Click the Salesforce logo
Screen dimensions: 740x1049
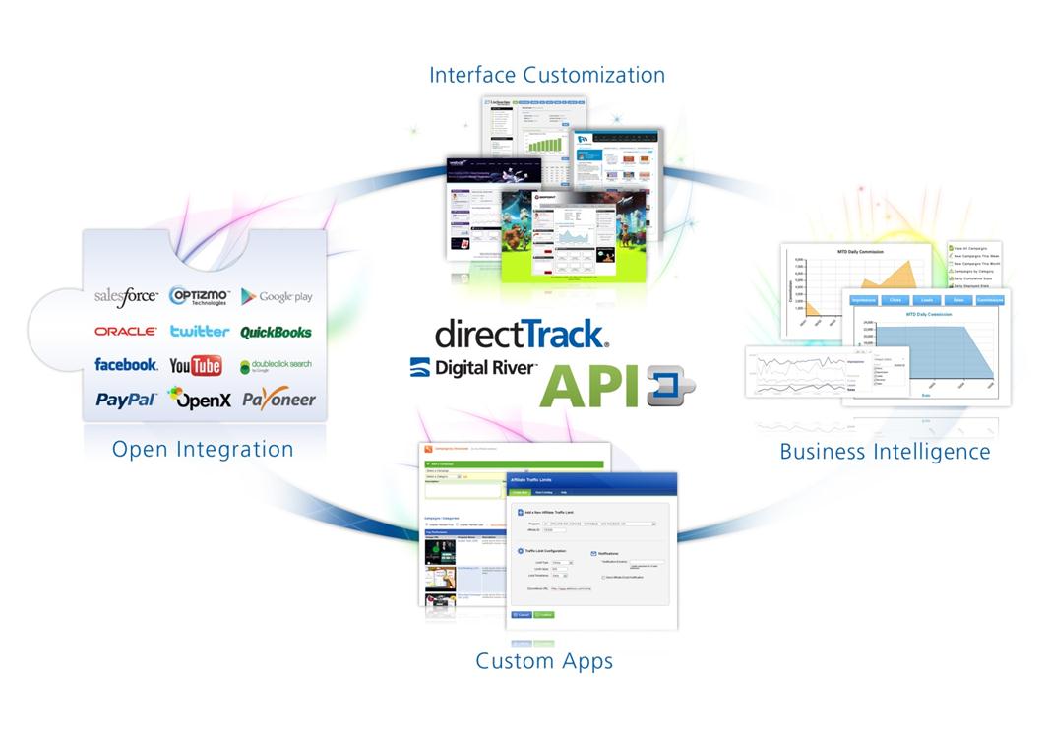tap(126, 295)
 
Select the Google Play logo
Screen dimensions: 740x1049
tap(277, 296)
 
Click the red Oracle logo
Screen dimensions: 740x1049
tap(125, 332)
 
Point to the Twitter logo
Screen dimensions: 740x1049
tap(199, 332)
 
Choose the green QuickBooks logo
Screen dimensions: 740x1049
tap(276, 332)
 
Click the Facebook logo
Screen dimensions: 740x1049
tap(126, 365)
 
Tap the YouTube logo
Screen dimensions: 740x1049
tap(195, 366)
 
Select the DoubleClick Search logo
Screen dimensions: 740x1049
tap(276, 366)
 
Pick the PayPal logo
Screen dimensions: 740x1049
tap(126, 400)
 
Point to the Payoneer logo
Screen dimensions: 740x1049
tap(278, 399)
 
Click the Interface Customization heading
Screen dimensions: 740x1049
tap(546, 75)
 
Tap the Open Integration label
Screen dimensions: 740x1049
tap(203, 449)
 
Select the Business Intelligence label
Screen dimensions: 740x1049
tap(885, 452)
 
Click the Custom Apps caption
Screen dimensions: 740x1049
tap(544, 660)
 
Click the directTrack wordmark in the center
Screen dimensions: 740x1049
tap(522, 334)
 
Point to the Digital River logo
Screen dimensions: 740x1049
tap(473, 368)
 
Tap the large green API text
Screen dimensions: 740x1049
tap(589, 385)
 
